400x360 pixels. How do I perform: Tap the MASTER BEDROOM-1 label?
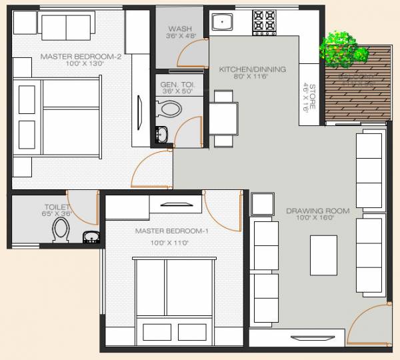pos(172,231)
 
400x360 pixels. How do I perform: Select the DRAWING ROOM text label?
pos(309,211)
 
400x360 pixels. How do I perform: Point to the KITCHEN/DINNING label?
pos(253,69)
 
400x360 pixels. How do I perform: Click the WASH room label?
pos(179,29)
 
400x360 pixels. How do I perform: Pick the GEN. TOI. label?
pos(177,85)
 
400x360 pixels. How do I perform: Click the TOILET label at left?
pos(57,207)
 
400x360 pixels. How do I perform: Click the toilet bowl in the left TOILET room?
pos(61,232)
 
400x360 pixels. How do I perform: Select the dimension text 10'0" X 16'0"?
pos(309,218)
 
